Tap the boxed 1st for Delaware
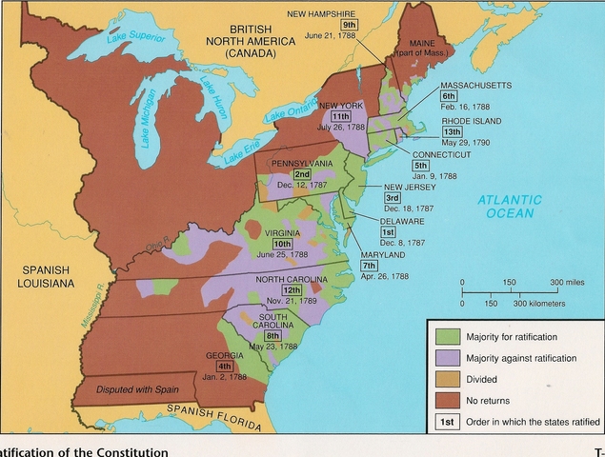coord(388,232)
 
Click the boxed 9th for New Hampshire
coord(350,24)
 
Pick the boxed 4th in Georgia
coord(224,367)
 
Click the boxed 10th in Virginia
coord(283,244)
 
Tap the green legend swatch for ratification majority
coord(444,336)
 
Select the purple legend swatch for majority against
coord(444,357)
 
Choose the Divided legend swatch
coord(444,378)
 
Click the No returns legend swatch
coord(444,399)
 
